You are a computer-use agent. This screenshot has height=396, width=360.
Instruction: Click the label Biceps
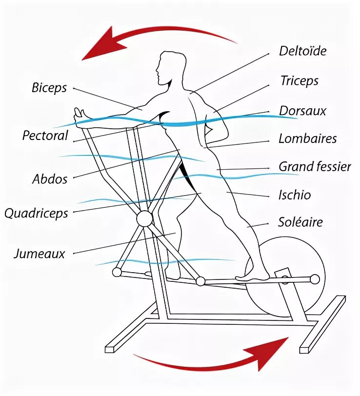(49, 88)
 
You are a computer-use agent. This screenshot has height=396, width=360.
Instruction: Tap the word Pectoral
(45, 135)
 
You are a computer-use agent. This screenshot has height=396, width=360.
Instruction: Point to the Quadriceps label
(36, 213)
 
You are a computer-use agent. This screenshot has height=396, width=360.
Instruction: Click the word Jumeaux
(40, 254)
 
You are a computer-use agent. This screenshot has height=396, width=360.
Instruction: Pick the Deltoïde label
(302, 51)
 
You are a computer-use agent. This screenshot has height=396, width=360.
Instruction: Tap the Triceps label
(299, 80)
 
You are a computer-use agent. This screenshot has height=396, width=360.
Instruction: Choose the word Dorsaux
(302, 111)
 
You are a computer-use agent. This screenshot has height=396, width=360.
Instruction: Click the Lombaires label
(307, 139)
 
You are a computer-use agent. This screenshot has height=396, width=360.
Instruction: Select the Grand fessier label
(315, 166)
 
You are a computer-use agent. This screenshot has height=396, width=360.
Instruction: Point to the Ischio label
(295, 195)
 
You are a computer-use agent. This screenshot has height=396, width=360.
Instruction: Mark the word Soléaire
(300, 222)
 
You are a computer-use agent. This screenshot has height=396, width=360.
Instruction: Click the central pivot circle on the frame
(144, 218)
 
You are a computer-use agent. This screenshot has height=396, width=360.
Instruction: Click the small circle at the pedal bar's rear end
(315, 279)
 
